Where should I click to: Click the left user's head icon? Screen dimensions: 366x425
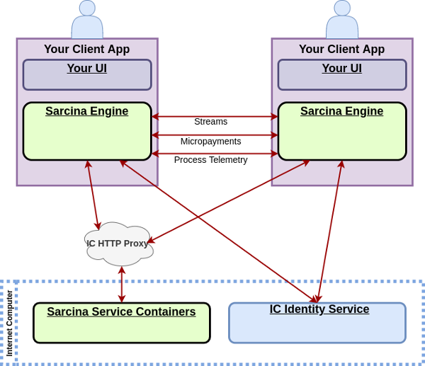pyautogui.click(x=87, y=8)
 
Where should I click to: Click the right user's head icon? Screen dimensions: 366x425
pyautogui.click(x=342, y=8)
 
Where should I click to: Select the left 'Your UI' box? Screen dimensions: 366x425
pyautogui.click(x=87, y=74)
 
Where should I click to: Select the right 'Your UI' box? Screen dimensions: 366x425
pyautogui.click(x=342, y=74)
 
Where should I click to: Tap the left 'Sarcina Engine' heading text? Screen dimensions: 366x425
pyautogui.click(x=87, y=111)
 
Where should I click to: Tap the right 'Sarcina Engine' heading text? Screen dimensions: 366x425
pyautogui.click(x=342, y=111)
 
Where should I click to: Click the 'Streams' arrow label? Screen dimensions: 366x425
pyautogui.click(x=210, y=122)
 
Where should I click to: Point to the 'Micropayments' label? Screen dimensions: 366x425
pyautogui.click(x=210, y=142)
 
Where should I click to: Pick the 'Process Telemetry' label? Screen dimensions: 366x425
pyautogui.click(x=210, y=160)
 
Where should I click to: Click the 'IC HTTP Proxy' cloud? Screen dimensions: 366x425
pyautogui.click(x=118, y=244)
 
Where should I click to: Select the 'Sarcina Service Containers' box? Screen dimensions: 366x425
pyautogui.click(x=122, y=323)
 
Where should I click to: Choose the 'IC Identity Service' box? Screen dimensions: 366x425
pyautogui.click(x=317, y=323)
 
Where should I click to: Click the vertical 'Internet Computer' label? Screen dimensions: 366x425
pyautogui.click(x=9, y=323)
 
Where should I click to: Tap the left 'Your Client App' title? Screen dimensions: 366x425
pyautogui.click(x=87, y=50)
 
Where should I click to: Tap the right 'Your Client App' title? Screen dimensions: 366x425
pyautogui.click(x=342, y=50)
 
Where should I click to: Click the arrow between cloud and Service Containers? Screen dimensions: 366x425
pyautogui.click(x=122, y=285)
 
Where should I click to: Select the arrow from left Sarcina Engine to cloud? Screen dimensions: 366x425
pyautogui.click(x=93, y=195)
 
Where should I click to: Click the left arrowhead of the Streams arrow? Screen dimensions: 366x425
pyautogui.click(x=154, y=116)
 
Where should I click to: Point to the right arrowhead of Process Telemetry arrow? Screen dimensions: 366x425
pyautogui.click(x=275, y=153)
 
